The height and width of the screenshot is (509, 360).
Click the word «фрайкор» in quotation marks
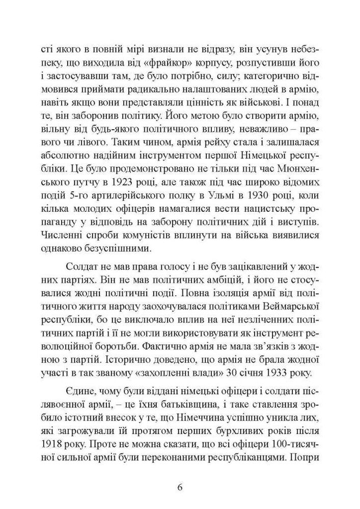(x=136, y=64)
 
